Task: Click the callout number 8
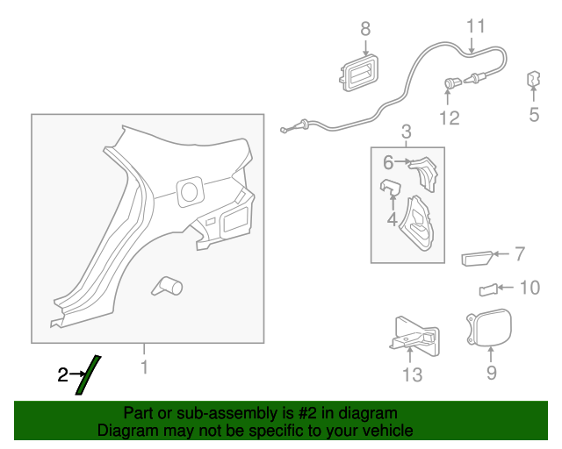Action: [366, 29]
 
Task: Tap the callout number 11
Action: [475, 25]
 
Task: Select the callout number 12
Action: [449, 118]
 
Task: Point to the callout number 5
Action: [534, 114]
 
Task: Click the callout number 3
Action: [407, 132]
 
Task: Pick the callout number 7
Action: [519, 254]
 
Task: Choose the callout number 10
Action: [530, 287]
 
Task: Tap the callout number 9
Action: [491, 373]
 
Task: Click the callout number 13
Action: [411, 375]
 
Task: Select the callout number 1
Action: [146, 367]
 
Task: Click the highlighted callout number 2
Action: [62, 375]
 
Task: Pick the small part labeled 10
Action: [487, 289]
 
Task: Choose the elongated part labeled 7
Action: [474, 257]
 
